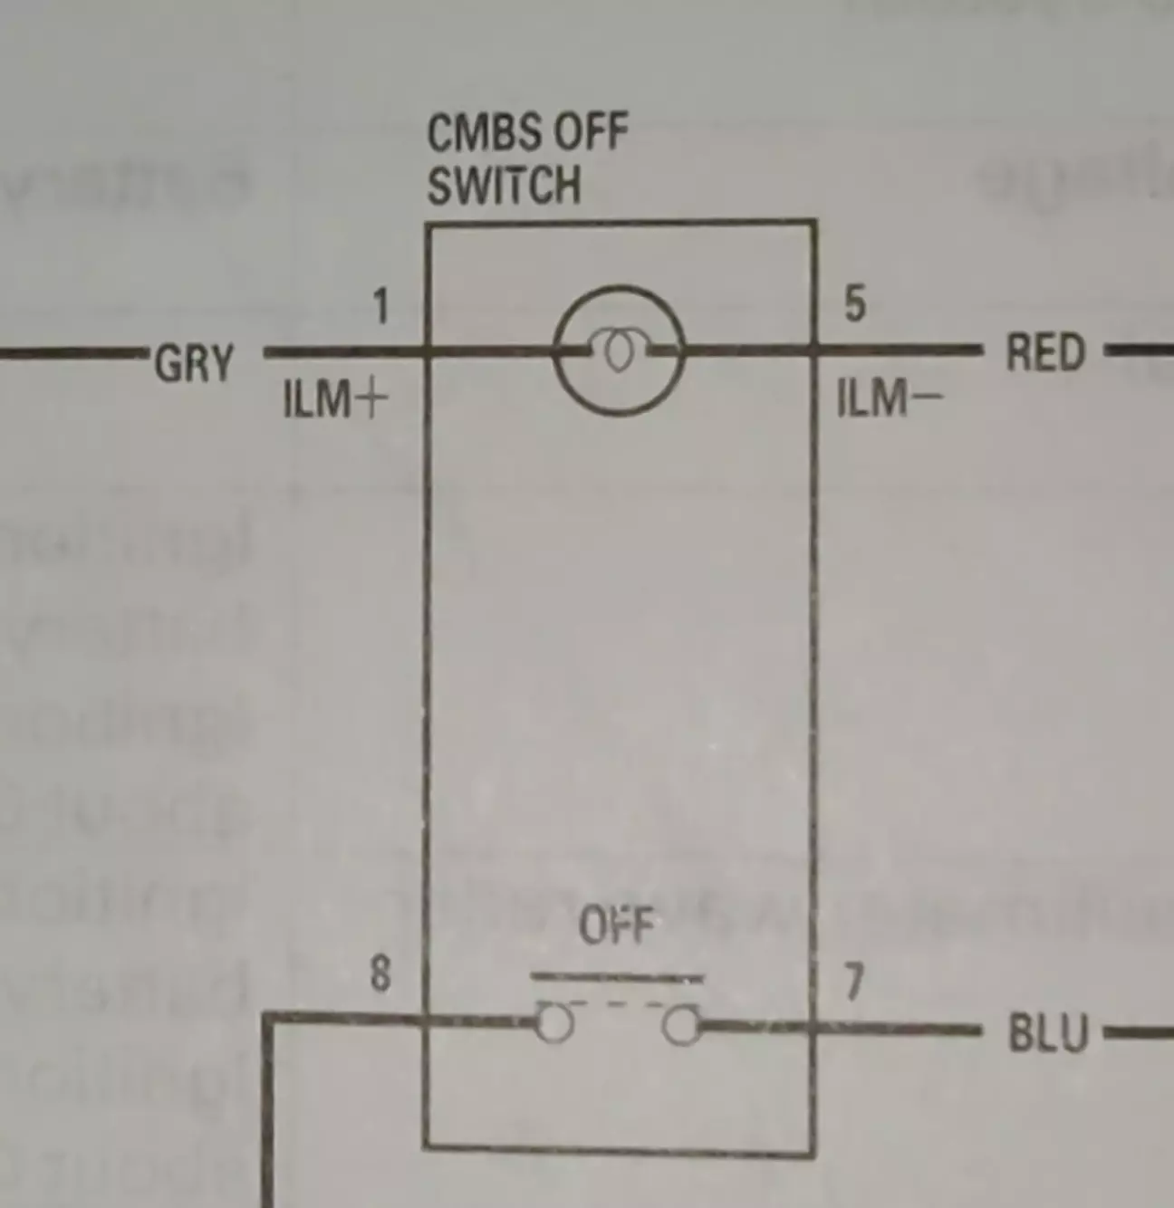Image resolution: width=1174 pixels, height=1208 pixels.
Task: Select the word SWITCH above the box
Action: (x=504, y=186)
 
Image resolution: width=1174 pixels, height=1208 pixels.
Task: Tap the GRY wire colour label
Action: (x=194, y=363)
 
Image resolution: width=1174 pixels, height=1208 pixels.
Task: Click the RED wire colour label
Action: (x=1045, y=353)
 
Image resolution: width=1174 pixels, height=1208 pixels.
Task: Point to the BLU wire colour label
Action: (x=1047, y=1034)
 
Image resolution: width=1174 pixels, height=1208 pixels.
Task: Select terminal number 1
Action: (x=381, y=307)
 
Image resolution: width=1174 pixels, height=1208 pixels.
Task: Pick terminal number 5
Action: (x=854, y=304)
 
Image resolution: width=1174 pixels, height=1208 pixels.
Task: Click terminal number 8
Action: (x=380, y=974)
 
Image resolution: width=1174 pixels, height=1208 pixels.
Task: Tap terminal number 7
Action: (x=853, y=983)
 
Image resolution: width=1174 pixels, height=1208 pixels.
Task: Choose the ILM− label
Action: (x=889, y=398)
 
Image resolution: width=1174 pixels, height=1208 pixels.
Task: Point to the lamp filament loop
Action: (x=619, y=352)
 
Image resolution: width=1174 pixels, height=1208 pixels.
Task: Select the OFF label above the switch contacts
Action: (x=616, y=925)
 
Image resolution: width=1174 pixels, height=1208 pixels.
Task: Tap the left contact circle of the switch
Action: (x=554, y=1025)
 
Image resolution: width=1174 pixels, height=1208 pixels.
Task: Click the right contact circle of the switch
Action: (x=681, y=1027)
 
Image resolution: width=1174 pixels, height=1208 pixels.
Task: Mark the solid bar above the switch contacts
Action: (x=616, y=978)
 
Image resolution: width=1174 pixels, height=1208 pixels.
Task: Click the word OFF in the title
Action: (x=590, y=133)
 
